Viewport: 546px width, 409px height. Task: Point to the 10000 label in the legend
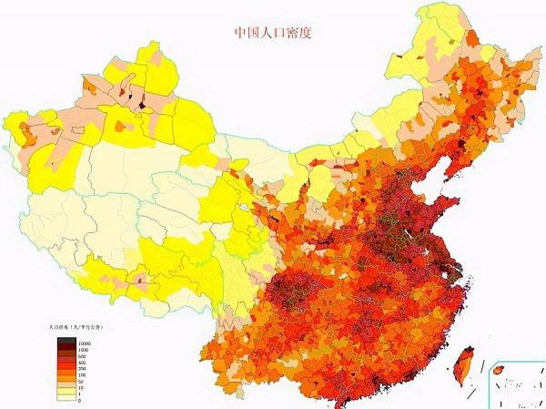tap(85, 343)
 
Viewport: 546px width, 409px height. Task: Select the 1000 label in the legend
tap(84, 350)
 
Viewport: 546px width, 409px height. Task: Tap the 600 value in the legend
tap(83, 356)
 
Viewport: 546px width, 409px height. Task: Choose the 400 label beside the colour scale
tap(83, 363)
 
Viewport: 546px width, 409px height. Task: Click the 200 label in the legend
tap(83, 369)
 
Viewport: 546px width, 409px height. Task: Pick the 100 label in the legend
tap(83, 375)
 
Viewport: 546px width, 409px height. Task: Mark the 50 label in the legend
tap(82, 382)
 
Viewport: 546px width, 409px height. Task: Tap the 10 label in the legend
tap(81, 388)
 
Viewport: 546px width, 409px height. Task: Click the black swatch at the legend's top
tap(66, 341)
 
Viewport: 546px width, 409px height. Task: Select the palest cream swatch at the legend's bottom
tap(66, 398)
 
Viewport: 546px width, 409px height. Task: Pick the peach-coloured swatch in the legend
tap(66, 385)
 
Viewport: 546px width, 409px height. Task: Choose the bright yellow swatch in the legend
tap(66, 392)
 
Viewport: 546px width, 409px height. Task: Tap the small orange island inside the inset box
tap(498, 369)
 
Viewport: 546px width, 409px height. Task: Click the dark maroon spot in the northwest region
tap(143, 105)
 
